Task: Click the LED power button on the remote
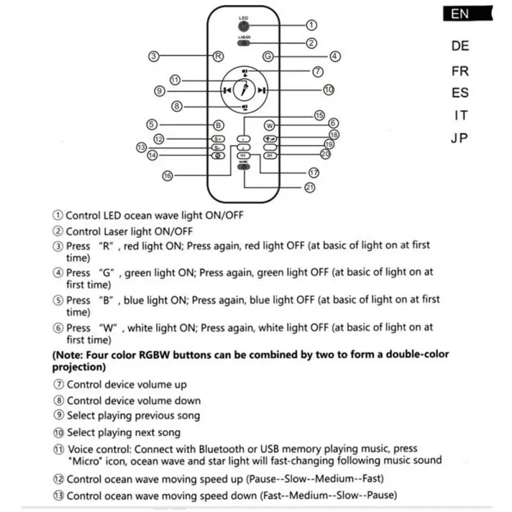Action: (x=244, y=26)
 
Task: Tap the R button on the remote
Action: (x=218, y=56)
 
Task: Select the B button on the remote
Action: (x=218, y=125)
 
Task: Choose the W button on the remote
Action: (x=269, y=125)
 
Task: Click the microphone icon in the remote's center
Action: (x=244, y=90)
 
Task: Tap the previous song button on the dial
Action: (x=227, y=91)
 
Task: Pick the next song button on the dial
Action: (x=261, y=91)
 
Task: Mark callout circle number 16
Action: (x=167, y=175)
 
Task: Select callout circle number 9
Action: (x=160, y=91)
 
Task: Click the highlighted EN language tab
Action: (x=460, y=13)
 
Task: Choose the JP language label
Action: (x=460, y=138)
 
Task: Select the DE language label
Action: (x=460, y=46)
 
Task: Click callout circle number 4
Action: (x=335, y=56)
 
